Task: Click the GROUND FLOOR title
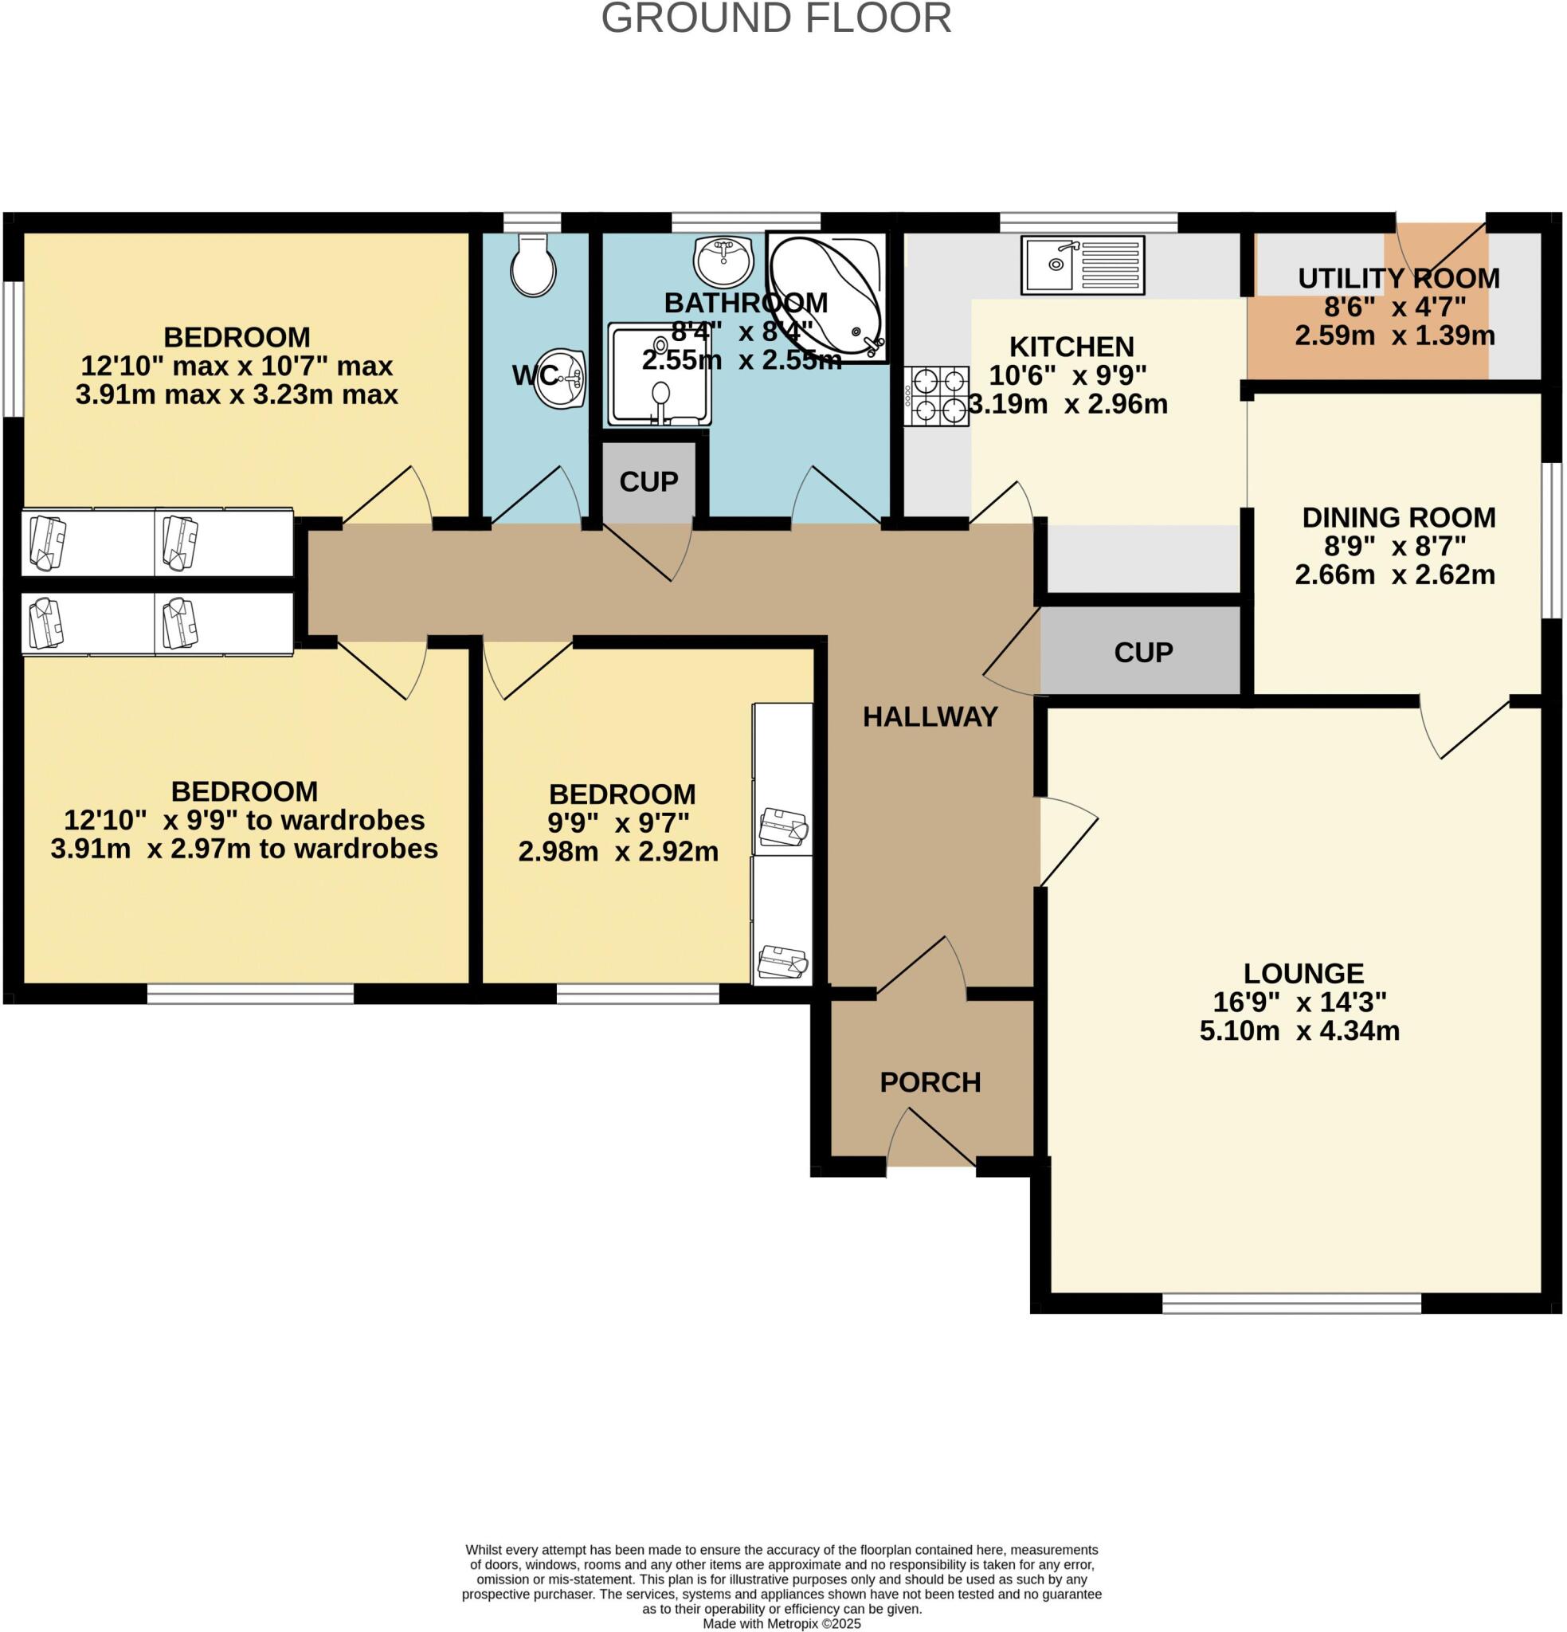click(776, 18)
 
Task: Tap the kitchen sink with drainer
click(1083, 265)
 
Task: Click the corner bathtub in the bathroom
click(827, 297)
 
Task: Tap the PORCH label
click(930, 1082)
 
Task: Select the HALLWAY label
click(930, 717)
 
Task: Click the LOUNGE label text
click(1303, 973)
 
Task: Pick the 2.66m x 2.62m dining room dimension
click(1395, 575)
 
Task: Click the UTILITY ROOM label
click(1398, 278)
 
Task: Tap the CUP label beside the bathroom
click(648, 481)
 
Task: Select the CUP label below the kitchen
click(1143, 652)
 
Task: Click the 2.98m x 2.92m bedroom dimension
click(618, 852)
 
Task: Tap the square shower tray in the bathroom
click(660, 375)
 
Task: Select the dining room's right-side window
click(1550, 540)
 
